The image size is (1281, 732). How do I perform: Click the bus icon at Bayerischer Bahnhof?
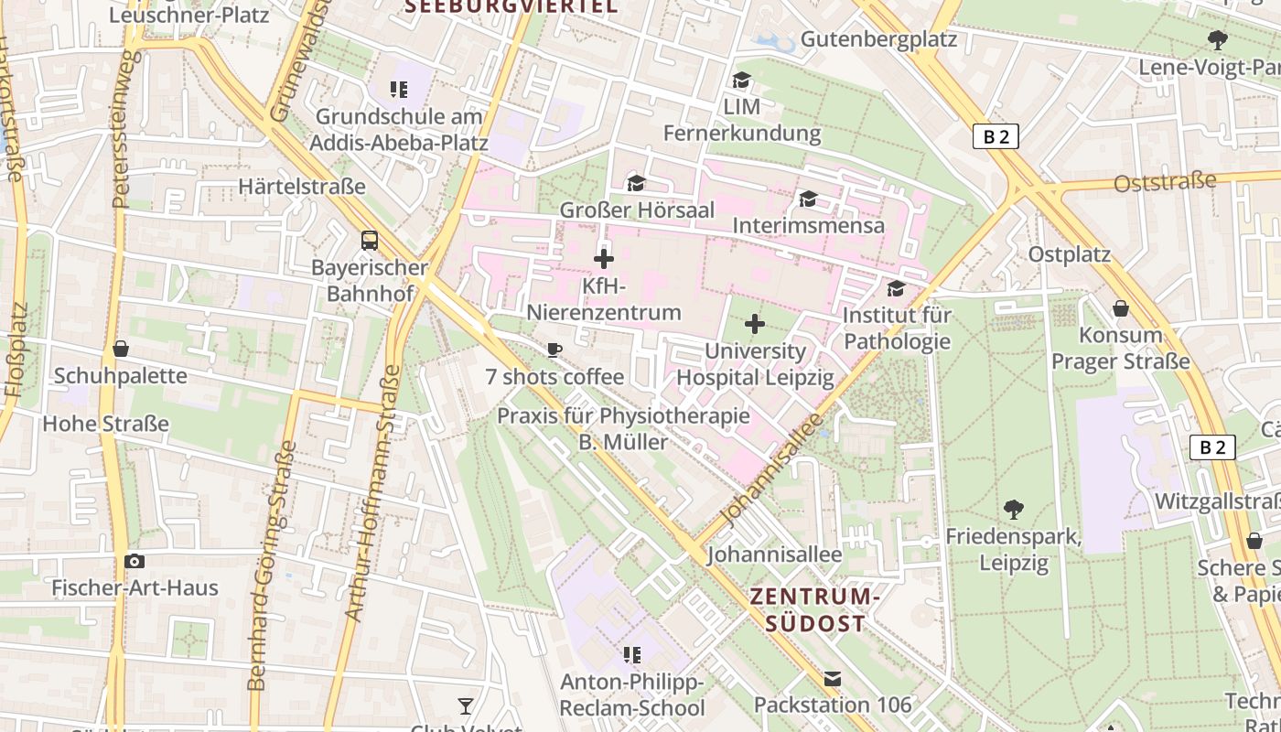click(x=370, y=241)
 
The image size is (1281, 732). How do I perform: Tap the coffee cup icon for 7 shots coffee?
click(x=554, y=350)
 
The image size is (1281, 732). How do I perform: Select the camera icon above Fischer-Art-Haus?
click(x=135, y=561)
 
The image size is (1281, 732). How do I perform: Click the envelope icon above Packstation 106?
click(x=833, y=679)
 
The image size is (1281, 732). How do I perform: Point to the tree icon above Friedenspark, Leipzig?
click(x=1013, y=509)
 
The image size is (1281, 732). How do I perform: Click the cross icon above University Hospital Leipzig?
click(x=755, y=324)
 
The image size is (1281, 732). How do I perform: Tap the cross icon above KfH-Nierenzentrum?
click(x=604, y=259)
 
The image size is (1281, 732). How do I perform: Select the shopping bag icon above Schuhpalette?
click(x=120, y=349)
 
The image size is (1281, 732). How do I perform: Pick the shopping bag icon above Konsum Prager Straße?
click(x=1120, y=308)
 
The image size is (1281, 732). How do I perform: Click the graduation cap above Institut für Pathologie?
click(x=896, y=289)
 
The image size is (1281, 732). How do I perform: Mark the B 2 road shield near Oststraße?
click(x=996, y=136)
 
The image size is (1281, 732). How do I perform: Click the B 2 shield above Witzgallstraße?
click(x=1212, y=447)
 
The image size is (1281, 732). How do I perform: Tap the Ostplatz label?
click(x=1069, y=254)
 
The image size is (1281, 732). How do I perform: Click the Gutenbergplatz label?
click(x=878, y=39)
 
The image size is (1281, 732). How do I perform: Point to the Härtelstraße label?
click(x=302, y=187)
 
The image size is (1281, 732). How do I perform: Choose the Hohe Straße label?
click(x=106, y=424)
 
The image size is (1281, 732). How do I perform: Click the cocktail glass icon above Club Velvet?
click(x=466, y=705)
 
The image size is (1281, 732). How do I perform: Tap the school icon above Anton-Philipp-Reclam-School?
click(x=631, y=654)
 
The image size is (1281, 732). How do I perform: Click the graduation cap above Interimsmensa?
click(x=808, y=199)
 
